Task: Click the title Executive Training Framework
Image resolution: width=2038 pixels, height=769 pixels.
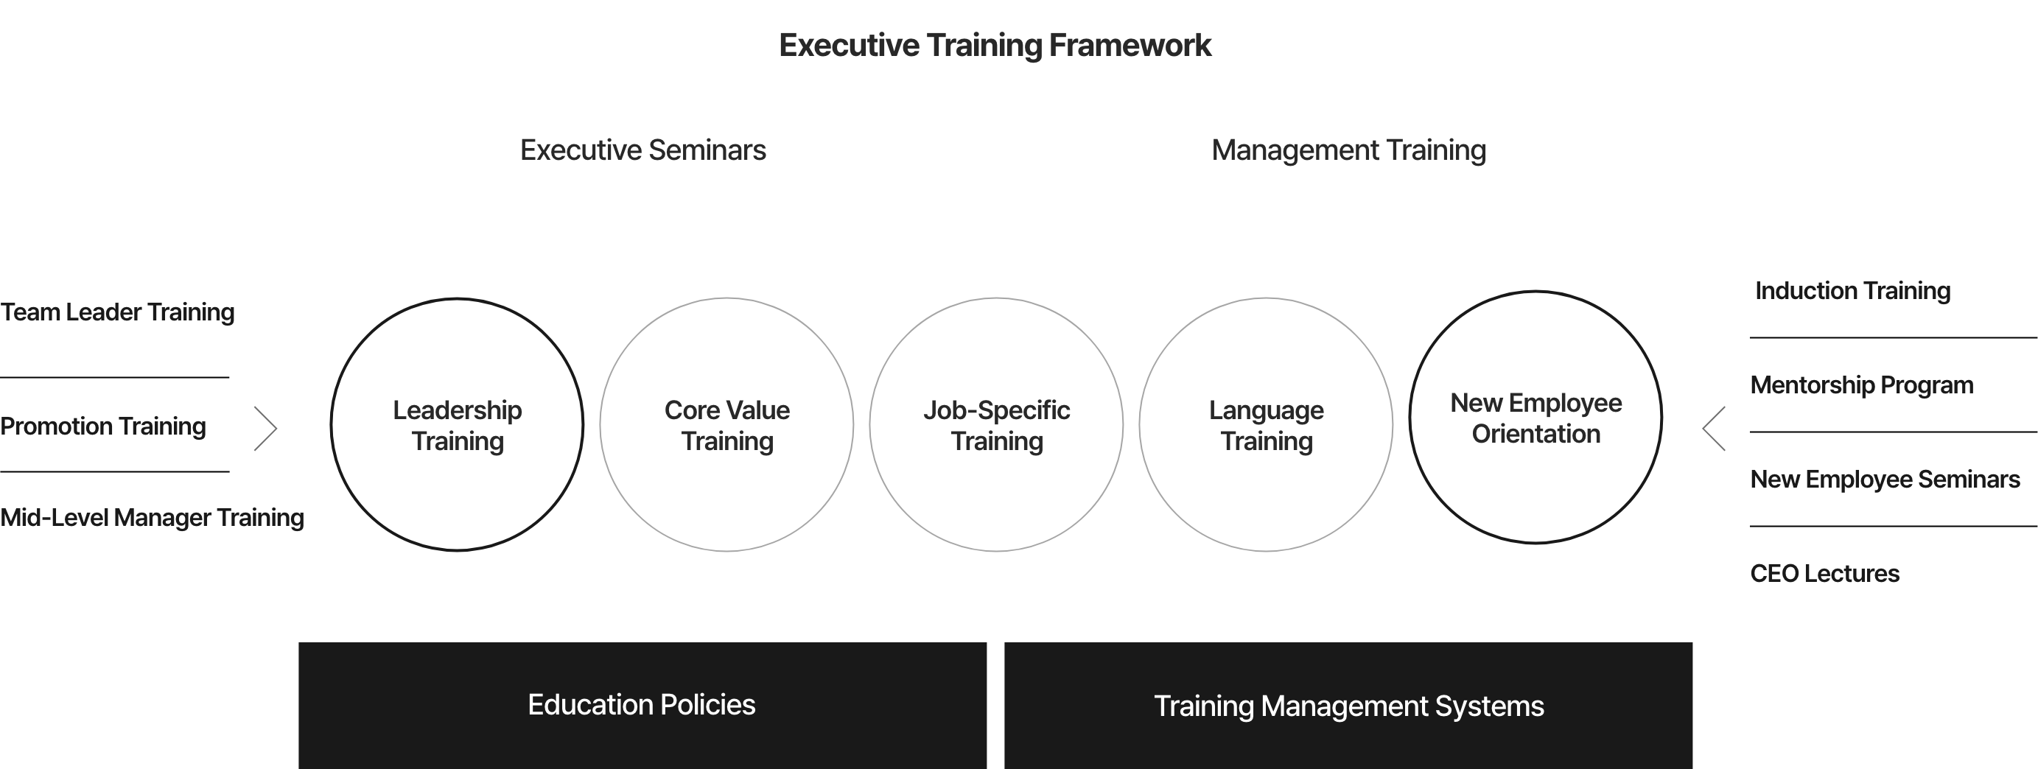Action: pyautogui.click(x=995, y=45)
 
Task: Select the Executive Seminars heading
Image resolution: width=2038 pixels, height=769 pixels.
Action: pyautogui.click(x=642, y=150)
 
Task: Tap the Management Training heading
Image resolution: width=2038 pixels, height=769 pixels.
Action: pyautogui.click(x=1348, y=150)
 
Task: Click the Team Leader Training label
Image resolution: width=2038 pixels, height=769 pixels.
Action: pyautogui.click(x=117, y=312)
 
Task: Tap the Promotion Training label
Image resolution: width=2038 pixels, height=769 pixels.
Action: pyautogui.click(x=103, y=426)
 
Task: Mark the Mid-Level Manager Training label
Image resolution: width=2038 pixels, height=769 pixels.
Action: pyautogui.click(x=152, y=517)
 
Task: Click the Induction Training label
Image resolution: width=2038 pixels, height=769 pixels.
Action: pyautogui.click(x=1852, y=291)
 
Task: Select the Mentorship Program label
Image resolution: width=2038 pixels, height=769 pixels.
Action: pyautogui.click(x=1862, y=385)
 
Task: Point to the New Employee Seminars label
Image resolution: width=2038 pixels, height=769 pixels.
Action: pyautogui.click(x=1885, y=480)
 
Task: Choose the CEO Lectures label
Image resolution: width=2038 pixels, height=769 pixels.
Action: pyautogui.click(x=1824, y=574)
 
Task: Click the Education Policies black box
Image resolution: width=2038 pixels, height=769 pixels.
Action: pyautogui.click(x=642, y=705)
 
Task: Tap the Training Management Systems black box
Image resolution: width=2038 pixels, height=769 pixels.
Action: pyautogui.click(x=1348, y=705)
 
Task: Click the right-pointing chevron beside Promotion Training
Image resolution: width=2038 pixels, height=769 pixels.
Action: pyautogui.click(x=276, y=429)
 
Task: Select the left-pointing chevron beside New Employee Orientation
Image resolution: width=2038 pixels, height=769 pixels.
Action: pyautogui.click(x=1703, y=429)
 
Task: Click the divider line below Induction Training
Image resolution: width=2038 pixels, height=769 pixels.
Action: pyautogui.click(x=1894, y=338)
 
